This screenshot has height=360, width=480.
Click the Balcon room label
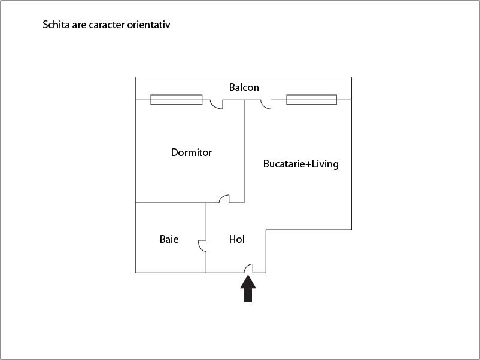(244, 87)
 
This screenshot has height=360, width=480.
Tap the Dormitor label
(192, 152)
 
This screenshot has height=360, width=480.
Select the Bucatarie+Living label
(301, 164)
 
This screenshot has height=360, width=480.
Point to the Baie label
(169, 239)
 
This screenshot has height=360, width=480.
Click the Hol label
(236, 239)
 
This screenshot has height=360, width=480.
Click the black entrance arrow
(248, 288)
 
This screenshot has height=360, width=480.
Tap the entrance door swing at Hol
(248, 269)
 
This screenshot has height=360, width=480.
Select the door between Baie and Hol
(202, 246)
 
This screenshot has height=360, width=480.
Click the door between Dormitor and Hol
(224, 199)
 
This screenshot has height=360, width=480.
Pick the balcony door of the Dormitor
(217, 104)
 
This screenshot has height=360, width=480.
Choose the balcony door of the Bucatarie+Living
(266, 104)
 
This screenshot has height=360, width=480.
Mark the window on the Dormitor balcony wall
(177, 100)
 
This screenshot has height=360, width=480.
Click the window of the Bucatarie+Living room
(312, 100)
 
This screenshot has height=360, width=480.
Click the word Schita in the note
(56, 25)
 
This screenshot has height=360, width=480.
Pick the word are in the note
(79, 25)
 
